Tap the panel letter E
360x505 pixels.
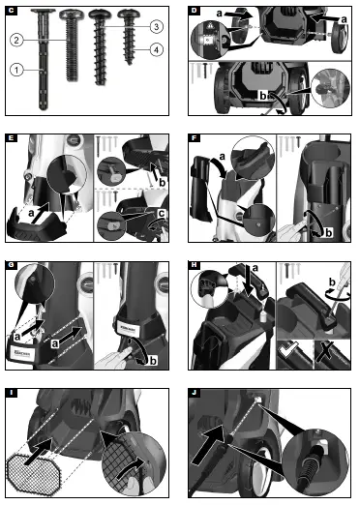click(x=11, y=137)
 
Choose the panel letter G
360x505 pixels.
click(x=11, y=263)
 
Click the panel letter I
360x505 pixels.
click(x=11, y=390)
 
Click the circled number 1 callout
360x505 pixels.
click(x=16, y=69)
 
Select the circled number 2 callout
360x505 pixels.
click(x=16, y=40)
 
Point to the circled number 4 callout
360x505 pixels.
click(x=156, y=49)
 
